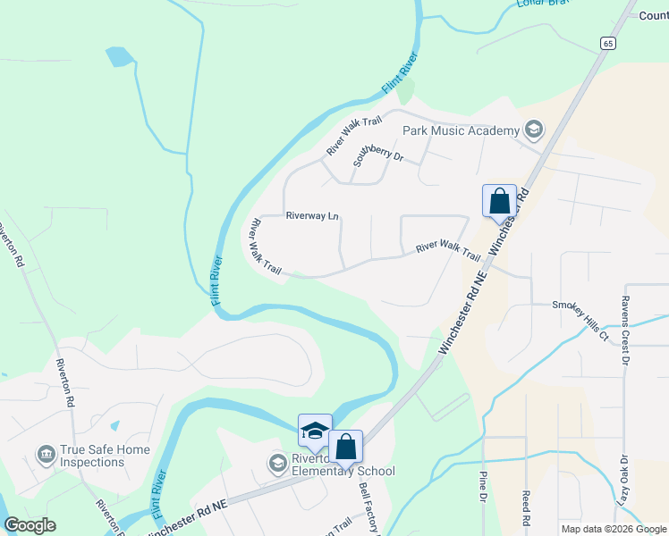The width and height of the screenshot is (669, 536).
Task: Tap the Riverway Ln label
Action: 312,215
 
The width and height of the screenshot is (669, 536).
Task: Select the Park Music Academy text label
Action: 461,130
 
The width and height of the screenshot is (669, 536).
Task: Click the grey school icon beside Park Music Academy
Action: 534,130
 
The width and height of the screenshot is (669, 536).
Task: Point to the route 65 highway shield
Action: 607,43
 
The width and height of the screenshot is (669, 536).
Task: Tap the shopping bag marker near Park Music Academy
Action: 499,201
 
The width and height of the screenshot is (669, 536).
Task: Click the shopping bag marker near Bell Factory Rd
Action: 345,447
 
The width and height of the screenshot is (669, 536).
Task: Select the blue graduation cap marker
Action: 315,431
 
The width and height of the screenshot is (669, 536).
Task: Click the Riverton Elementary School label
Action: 342,471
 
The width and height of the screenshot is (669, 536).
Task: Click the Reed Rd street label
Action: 526,508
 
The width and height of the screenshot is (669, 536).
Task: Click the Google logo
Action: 30,525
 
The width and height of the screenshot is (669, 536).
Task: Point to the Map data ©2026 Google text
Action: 613,529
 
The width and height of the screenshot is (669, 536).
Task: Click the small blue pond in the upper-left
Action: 117,57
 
